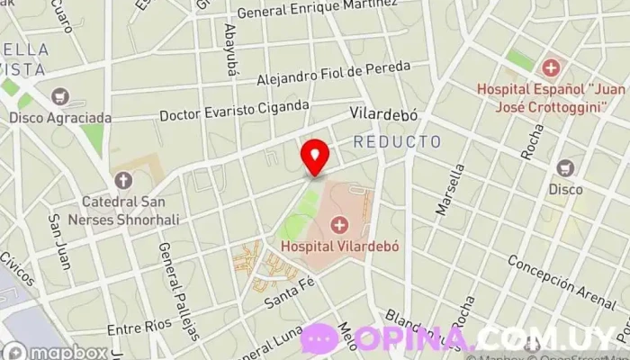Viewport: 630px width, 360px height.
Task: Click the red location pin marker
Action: tap(314, 156)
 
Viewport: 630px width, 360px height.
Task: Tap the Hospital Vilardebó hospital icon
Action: tap(340, 224)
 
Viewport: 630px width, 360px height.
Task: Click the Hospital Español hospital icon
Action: tap(550, 67)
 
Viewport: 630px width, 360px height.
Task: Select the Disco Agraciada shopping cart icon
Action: tap(60, 96)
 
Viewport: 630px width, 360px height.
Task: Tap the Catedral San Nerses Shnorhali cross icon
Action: tap(121, 180)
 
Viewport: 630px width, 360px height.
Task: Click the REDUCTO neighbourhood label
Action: tap(397, 142)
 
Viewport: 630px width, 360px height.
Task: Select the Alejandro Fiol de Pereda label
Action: tap(333, 74)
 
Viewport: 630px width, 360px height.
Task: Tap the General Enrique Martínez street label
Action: tap(316, 9)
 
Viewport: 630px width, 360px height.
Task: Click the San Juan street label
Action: tap(59, 242)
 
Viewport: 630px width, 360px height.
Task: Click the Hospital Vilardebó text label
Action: tap(339, 246)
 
